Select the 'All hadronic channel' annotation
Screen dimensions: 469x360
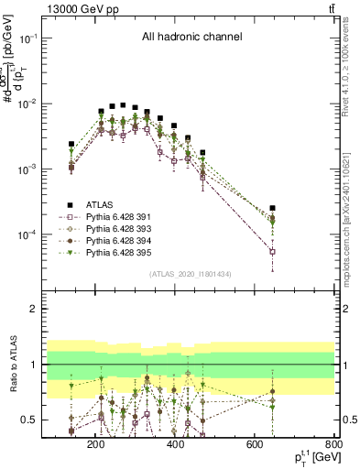coord(191,38)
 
